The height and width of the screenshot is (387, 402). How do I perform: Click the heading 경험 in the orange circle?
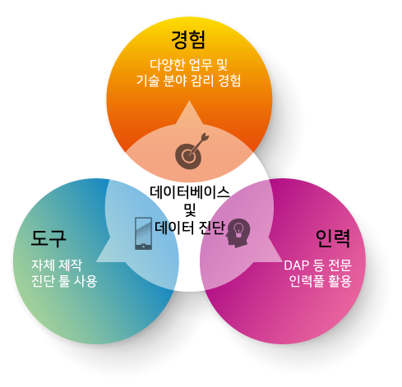[188, 40]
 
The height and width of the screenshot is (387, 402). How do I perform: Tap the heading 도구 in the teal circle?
[49, 238]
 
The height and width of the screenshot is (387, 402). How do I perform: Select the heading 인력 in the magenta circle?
[333, 238]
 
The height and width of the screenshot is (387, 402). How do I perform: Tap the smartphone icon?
[143, 233]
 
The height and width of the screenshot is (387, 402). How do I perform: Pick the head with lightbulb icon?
[238, 233]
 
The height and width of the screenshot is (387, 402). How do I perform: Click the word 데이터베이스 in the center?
[190, 192]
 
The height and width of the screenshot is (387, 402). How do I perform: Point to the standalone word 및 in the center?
[190, 210]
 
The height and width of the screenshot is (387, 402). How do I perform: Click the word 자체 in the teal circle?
[43, 265]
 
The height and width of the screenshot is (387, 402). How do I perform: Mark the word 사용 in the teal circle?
[85, 281]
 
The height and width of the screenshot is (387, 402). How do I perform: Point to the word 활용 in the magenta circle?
[340, 281]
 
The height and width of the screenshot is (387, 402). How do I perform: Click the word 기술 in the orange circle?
[148, 81]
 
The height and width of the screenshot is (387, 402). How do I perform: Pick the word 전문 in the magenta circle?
[340, 265]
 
